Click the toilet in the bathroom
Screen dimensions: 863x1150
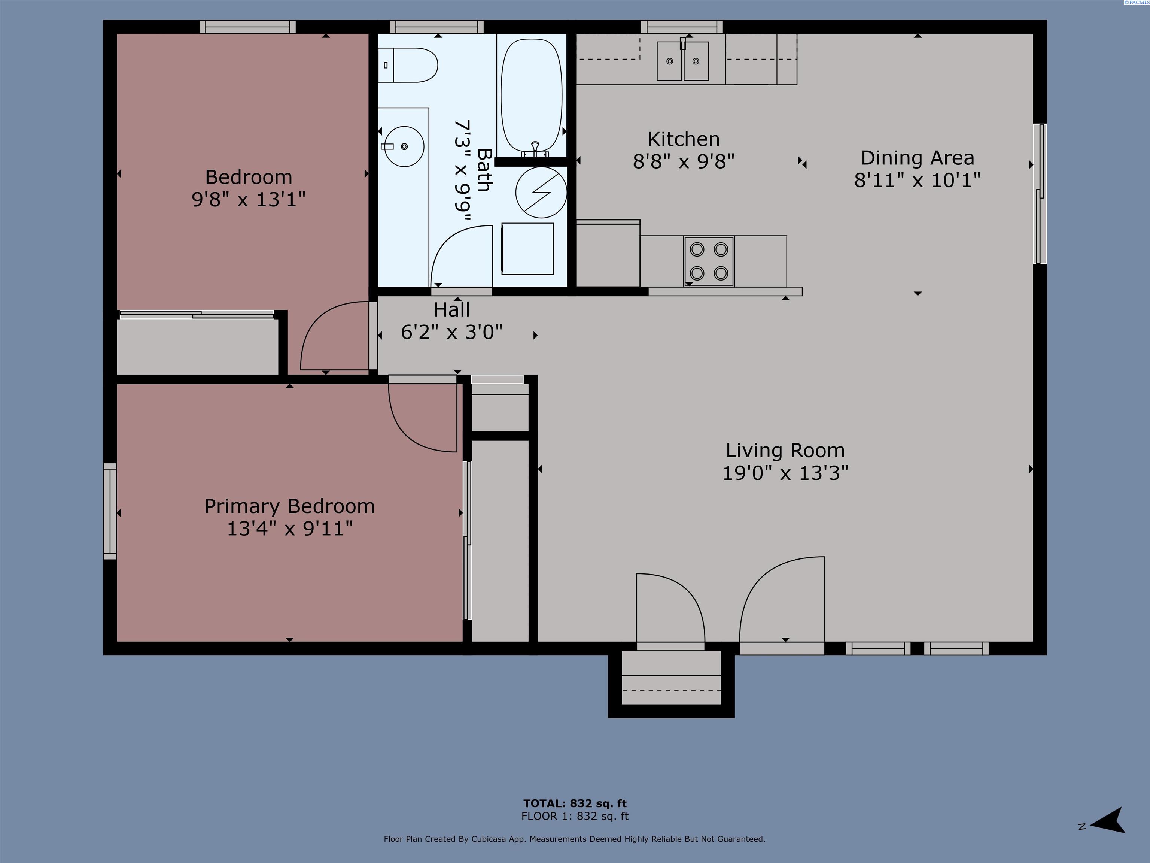tap(408, 66)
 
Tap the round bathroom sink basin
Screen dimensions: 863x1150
tap(404, 147)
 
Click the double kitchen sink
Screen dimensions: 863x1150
tap(682, 61)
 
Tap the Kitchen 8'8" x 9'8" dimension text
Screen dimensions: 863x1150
tap(683, 162)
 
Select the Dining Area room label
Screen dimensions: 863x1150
tap(917, 158)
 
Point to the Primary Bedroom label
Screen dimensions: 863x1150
tap(290, 506)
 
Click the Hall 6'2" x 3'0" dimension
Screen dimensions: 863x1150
tap(451, 332)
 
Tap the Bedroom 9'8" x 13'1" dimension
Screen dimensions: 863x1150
tap(249, 199)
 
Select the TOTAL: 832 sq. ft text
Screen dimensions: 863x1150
tap(575, 803)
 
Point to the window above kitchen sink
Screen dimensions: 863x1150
tap(682, 27)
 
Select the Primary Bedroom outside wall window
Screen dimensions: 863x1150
tap(110, 511)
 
